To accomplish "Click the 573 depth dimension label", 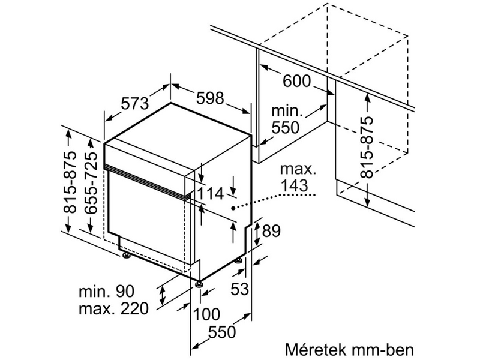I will coord(134,103).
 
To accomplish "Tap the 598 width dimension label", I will coord(209,97).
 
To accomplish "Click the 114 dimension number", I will coord(210,193).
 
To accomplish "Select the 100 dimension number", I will coord(206,314).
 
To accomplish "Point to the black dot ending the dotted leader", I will coord(233,206).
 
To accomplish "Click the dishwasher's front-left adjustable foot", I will coord(199,282).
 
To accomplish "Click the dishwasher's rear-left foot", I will coord(126,256).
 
